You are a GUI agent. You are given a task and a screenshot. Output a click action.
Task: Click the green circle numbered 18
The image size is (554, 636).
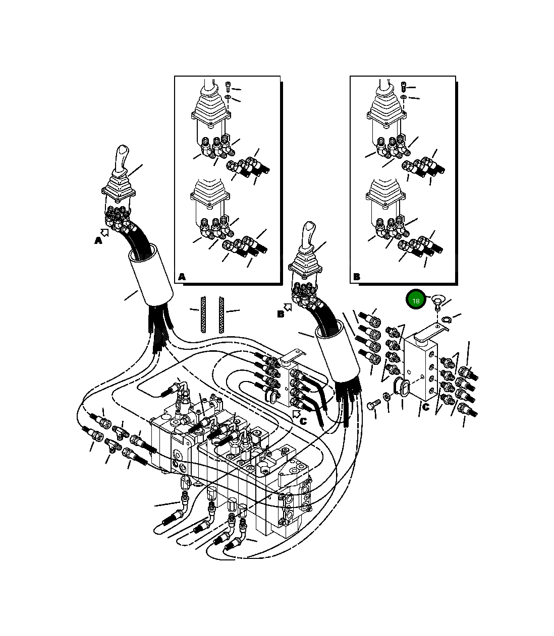tap(416, 301)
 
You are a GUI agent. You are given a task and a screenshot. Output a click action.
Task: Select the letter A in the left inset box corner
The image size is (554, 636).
tap(182, 277)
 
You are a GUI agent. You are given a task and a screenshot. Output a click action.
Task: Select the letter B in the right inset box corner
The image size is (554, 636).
tap(357, 277)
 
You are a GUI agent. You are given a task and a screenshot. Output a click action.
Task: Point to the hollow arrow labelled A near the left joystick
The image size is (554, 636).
tap(104, 233)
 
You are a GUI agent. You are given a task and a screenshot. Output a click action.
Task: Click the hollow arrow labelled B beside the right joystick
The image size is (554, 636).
tap(288, 307)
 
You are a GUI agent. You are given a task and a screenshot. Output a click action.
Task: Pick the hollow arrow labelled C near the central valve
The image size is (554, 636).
tap(296, 414)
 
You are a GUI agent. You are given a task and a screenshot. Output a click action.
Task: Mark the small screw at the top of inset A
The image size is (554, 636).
tap(228, 86)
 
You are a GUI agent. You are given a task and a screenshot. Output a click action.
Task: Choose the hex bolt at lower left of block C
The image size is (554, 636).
tap(373, 404)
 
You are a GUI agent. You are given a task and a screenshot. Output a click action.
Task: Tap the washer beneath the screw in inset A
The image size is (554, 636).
tap(228, 96)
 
